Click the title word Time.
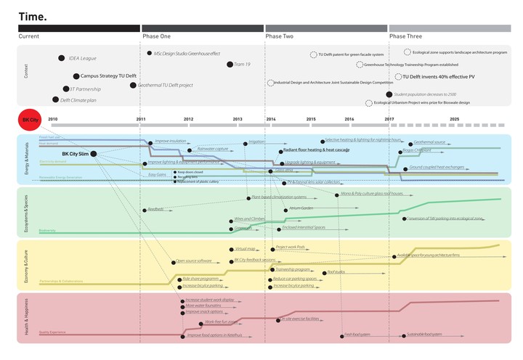pos(33,15)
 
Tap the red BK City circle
pos(30,119)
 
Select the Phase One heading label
pos(156,36)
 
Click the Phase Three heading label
pos(405,36)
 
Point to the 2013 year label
pos(238,118)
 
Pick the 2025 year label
pos(454,118)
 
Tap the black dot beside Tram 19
pos(230,65)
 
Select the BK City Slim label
pos(76,154)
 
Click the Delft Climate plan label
pos(78,100)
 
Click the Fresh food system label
pos(357,335)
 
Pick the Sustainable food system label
pos(425,335)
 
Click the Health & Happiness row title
pos(25,317)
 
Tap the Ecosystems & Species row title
pos(25,213)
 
